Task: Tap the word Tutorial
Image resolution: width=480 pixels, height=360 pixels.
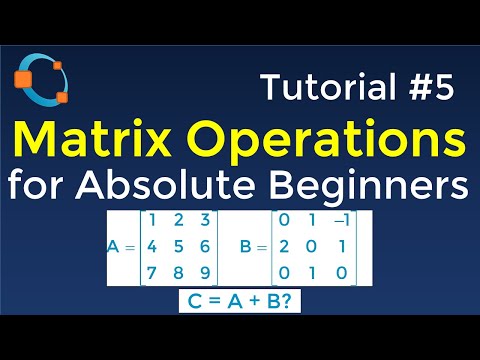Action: (x=315, y=89)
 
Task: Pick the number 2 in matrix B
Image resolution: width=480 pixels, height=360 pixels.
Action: (x=287, y=246)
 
